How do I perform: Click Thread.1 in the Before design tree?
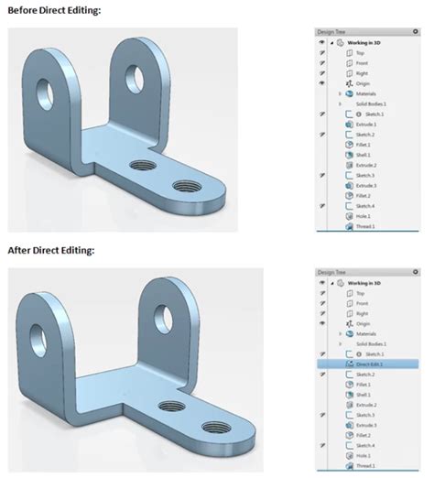(x=365, y=225)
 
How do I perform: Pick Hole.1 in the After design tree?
(x=364, y=454)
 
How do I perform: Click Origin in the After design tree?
(x=363, y=322)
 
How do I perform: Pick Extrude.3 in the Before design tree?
(x=366, y=185)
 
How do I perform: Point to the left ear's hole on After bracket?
(x=42, y=327)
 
